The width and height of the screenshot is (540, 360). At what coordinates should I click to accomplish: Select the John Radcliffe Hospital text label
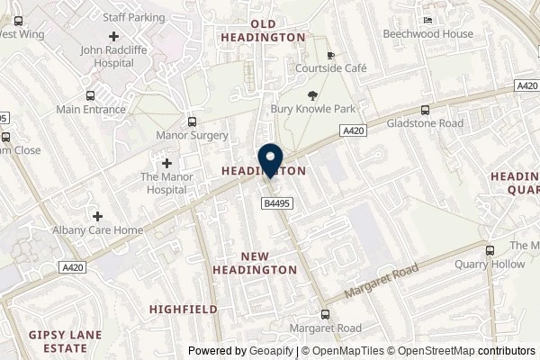click(114, 58)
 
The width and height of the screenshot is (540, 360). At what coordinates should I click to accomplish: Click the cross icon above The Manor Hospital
click(166, 163)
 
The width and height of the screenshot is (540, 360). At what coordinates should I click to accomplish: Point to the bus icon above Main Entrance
click(89, 95)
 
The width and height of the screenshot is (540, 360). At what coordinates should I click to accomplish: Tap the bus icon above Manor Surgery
click(191, 121)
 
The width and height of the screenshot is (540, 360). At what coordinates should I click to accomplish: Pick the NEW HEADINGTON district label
click(255, 262)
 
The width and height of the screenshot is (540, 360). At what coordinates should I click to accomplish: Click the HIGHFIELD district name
click(184, 309)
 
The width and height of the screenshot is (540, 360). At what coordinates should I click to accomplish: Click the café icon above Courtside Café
click(330, 54)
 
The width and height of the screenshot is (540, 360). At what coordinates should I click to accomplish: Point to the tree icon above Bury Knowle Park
click(312, 95)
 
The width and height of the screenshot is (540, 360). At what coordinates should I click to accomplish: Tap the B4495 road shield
click(276, 204)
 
